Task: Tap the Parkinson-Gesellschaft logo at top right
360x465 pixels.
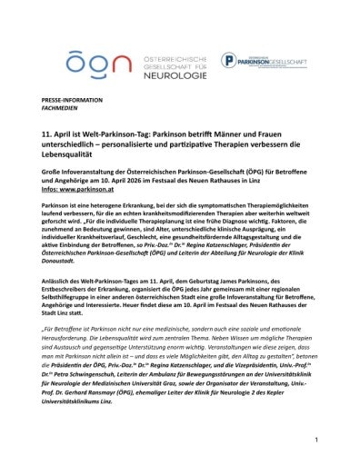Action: [264, 62]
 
